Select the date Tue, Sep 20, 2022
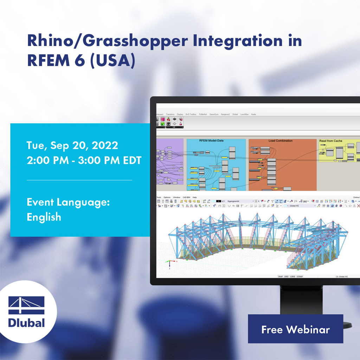[x=72, y=145]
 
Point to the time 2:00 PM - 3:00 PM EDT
[x=84, y=160]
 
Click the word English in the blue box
[x=44, y=217]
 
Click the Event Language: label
[x=69, y=202]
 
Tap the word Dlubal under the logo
[x=26, y=323]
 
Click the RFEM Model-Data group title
[x=211, y=141]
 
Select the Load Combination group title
[x=280, y=141]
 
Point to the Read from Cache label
[x=330, y=141]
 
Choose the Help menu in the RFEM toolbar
[x=194, y=197]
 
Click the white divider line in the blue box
[x=79, y=180]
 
